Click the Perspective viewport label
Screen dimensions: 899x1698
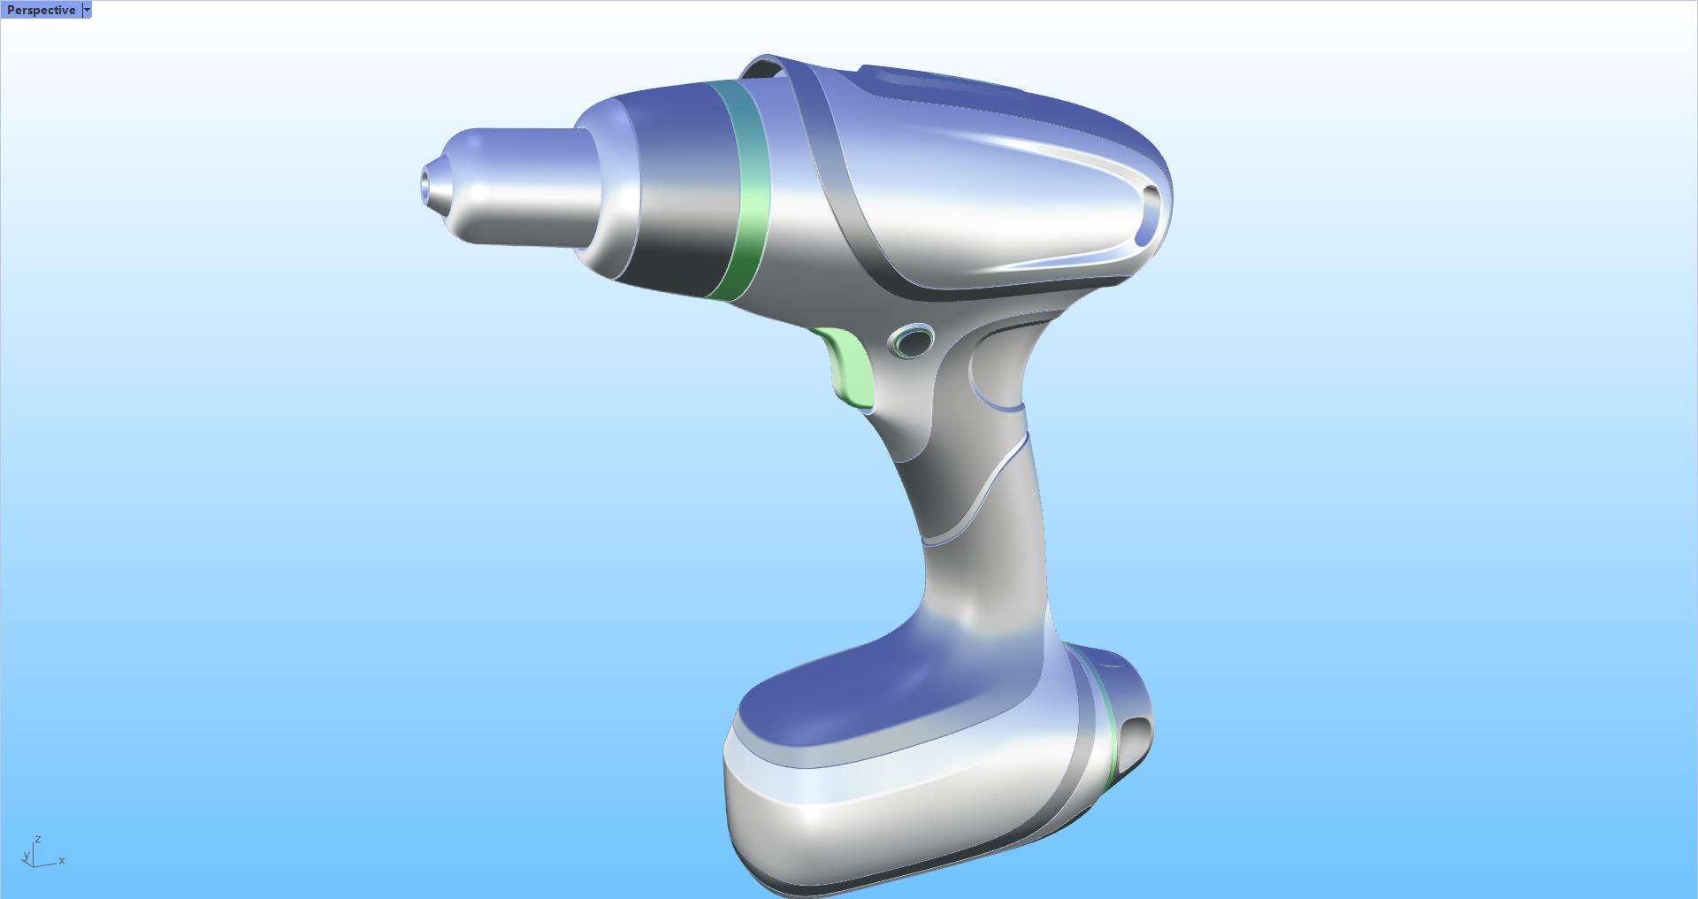41,10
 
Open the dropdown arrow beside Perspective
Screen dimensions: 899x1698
87,10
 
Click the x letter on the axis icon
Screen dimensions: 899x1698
62,860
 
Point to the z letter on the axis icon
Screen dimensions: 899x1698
38,839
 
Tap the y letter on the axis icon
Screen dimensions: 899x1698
26,856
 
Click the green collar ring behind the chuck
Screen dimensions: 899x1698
748,190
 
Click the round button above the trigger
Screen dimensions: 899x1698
912,341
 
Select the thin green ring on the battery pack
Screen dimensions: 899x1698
1105,726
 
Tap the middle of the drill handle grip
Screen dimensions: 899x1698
982,531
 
